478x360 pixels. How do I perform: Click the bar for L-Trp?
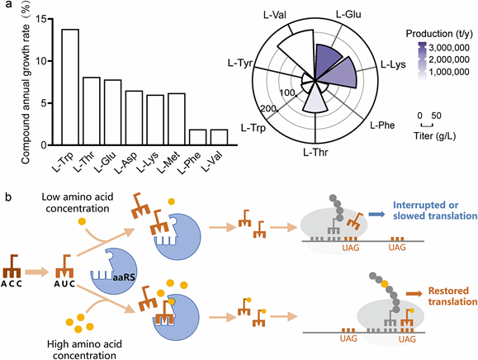tap(70, 87)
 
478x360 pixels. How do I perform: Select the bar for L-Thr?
tap(92, 111)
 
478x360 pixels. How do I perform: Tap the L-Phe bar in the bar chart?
tap(197, 137)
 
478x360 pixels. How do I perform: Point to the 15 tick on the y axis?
tap(45, 19)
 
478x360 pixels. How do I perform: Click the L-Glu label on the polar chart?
tap(348, 14)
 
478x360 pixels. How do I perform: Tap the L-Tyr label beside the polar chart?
tap(240, 64)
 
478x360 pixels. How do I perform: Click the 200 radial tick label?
tap(268, 108)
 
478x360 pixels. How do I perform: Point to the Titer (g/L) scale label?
tap(435, 136)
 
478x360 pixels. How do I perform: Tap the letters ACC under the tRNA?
tap(12, 284)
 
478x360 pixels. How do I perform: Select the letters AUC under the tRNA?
tap(64, 284)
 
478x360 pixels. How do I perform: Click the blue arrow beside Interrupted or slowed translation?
tap(376, 215)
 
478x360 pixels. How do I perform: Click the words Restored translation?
tap(452, 296)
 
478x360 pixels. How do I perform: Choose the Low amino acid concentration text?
tap(78, 203)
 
